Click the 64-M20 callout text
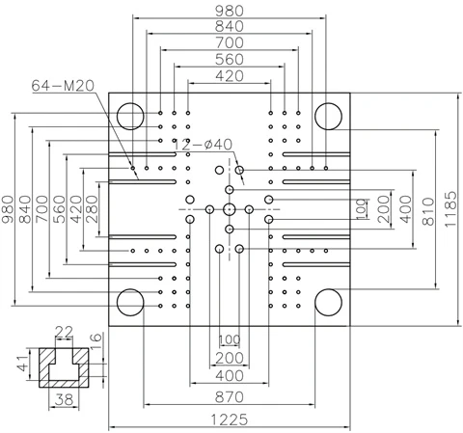(x=63, y=86)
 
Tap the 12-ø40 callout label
(x=204, y=145)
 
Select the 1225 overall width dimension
(x=230, y=419)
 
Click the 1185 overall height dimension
(x=450, y=209)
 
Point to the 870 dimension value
(x=230, y=397)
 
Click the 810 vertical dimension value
(x=428, y=211)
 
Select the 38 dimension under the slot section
(x=64, y=399)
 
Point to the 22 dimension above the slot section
(x=64, y=332)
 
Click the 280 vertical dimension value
(x=92, y=209)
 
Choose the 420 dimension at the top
(x=230, y=76)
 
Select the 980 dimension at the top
(x=230, y=11)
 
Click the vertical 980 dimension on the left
(x=8, y=209)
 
